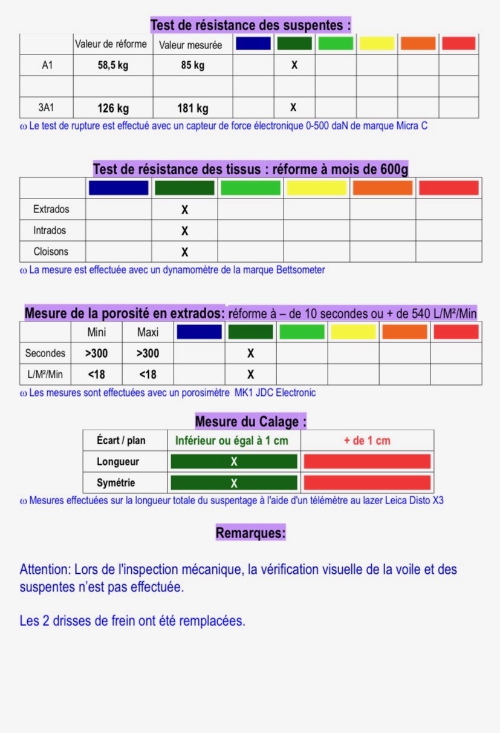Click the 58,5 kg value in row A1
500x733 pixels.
point(113,65)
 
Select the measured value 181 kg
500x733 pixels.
point(193,109)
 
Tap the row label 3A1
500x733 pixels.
point(47,108)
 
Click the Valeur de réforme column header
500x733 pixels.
point(111,44)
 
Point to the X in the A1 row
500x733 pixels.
point(294,65)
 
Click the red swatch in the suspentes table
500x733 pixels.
point(458,44)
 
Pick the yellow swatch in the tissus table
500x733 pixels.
point(316,188)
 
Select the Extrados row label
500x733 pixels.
point(51,209)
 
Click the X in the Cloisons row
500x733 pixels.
point(185,252)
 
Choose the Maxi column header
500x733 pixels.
point(148,332)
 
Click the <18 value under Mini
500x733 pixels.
point(96,375)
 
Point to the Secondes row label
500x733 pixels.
point(45,353)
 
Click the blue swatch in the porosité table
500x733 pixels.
point(199,332)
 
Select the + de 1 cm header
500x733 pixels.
point(367,441)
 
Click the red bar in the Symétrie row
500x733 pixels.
point(367,483)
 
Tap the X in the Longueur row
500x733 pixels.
point(234,462)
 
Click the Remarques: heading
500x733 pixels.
point(250,533)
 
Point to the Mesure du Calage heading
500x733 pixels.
point(250,421)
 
